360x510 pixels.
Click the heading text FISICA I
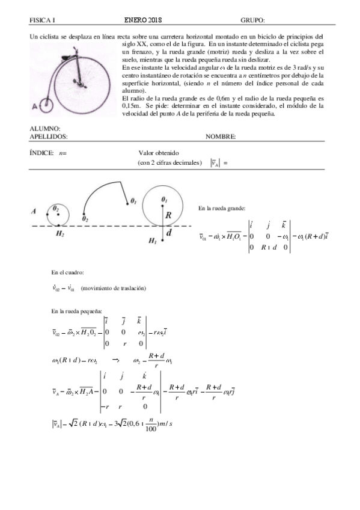[x=42, y=20]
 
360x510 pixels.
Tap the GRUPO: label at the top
[x=252, y=20]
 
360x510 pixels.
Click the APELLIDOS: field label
[x=49, y=137]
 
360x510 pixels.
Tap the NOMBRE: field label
[x=220, y=137]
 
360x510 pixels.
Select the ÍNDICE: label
[x=41, y=153]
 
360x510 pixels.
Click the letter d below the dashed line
[x=169, y=232]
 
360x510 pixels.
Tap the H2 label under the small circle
[x=59, y=233]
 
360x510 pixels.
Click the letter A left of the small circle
[x=35, y=212]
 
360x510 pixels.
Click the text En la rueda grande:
[x=221, y=208]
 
